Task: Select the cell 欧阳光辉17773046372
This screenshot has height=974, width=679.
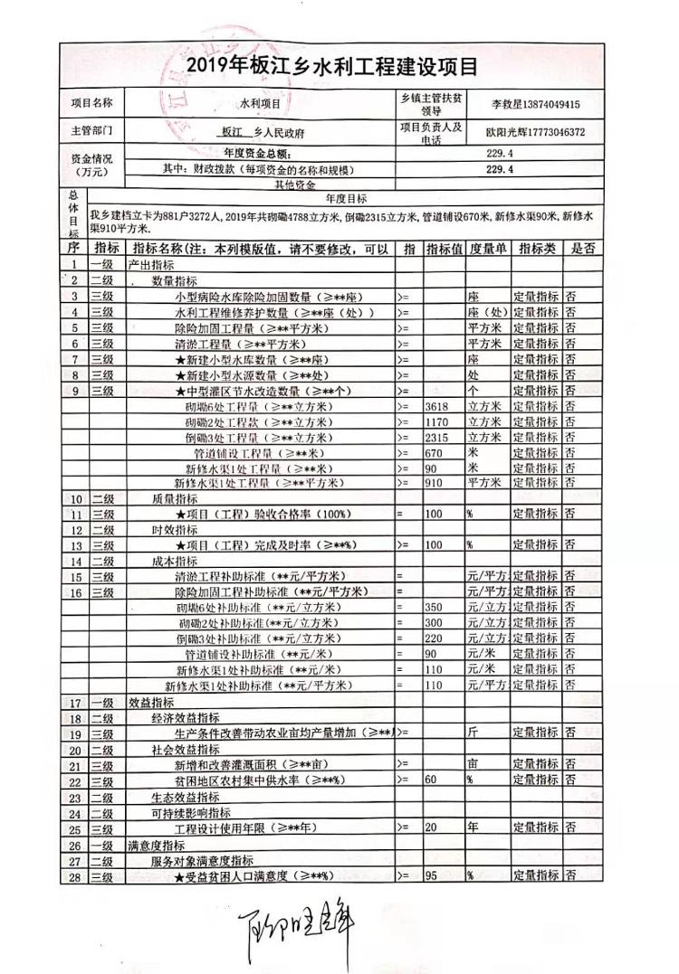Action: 535,131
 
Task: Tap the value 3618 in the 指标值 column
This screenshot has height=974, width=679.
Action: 437,407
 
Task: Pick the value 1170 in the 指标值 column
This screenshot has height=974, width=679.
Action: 437,422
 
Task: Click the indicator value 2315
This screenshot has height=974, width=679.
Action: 437,438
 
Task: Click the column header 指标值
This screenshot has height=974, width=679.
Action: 445,248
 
